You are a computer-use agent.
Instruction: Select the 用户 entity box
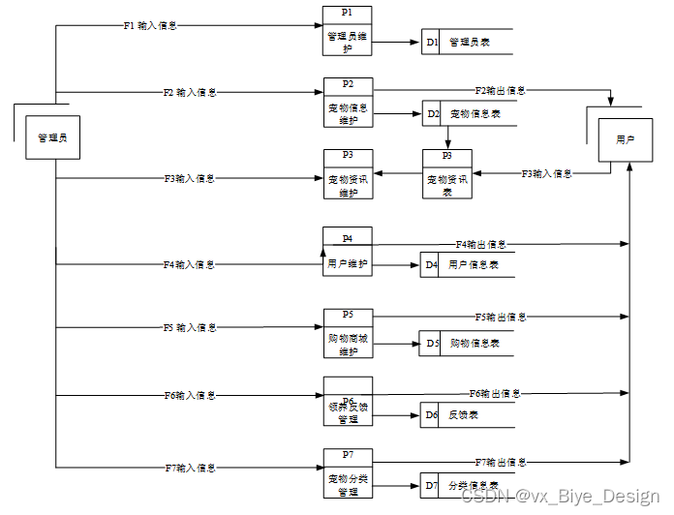pos(625,140)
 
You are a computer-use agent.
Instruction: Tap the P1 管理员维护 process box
pos(347,31)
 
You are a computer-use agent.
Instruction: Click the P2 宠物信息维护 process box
pos(347,103)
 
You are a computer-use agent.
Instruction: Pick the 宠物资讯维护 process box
pos(347,174)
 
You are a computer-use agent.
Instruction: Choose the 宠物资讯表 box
pos(446,174)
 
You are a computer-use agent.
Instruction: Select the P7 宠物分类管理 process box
pos(347,473)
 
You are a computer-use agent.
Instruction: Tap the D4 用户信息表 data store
pos(465,264)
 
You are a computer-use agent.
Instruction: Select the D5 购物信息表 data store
pos(465,343)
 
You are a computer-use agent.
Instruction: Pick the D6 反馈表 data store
pos(465,414)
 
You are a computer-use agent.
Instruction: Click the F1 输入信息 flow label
pos(150,26)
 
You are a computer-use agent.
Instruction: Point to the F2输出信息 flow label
pos(500,90)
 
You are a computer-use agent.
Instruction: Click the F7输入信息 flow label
pos(190,468)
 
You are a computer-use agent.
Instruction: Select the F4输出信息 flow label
pos(480,245)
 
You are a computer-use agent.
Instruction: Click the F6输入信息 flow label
pos(190,395)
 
